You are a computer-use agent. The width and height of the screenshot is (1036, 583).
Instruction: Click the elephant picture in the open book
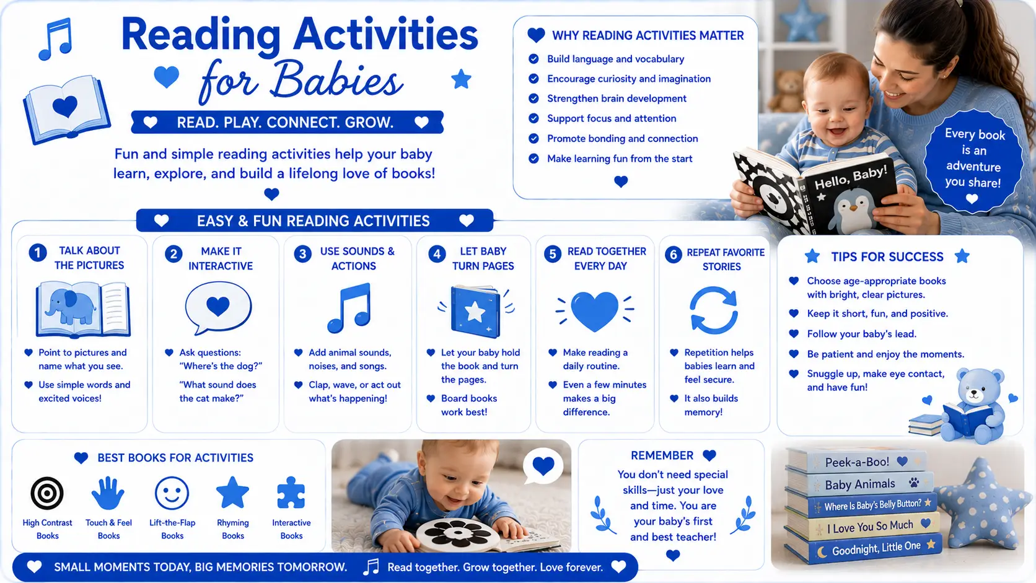70,305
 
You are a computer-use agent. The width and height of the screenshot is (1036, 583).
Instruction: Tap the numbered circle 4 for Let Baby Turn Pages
437,254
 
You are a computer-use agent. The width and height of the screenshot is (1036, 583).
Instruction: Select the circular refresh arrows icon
714,310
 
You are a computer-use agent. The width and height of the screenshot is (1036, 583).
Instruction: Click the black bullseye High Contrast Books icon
47,493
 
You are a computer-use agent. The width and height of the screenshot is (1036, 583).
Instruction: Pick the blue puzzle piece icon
291,493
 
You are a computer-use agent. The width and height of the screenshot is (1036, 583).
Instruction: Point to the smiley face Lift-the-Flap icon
172,493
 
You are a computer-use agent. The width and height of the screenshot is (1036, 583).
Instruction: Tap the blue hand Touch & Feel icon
108,493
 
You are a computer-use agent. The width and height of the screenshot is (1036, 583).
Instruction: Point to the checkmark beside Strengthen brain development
533,99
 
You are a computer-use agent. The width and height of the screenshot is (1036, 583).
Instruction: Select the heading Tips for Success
887,256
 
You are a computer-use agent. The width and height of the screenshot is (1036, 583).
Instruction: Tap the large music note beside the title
56,39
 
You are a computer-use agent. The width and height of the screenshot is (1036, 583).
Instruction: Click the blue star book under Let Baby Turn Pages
475,312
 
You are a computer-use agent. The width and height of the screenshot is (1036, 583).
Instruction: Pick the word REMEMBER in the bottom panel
662,455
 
